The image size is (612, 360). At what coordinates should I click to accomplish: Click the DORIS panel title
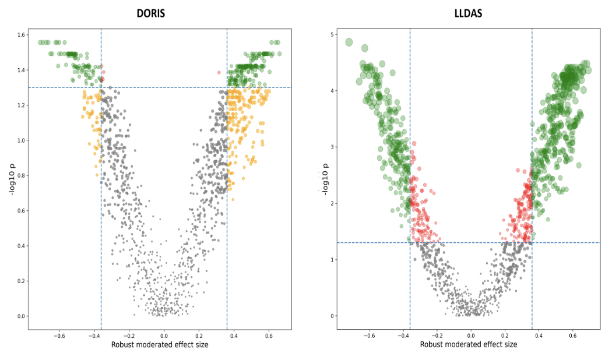(151, 13)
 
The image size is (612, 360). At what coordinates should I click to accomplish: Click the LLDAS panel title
(468, 13)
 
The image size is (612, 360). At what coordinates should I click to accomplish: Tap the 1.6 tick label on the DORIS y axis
(21, 35)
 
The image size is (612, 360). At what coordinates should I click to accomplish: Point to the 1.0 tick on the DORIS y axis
(21, 140)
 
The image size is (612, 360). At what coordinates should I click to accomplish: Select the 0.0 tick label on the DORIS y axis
(21, 316)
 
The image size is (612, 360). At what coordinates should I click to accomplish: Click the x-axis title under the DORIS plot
(160, 345)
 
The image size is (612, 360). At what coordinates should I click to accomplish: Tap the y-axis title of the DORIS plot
(10, 177)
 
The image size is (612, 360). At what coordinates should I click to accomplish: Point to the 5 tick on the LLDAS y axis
(332, 35)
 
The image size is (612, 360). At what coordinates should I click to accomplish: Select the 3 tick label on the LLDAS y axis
(332, 147)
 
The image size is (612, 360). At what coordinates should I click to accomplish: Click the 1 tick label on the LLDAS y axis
(332, 260)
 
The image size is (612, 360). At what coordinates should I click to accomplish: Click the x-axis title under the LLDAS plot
(468, 345)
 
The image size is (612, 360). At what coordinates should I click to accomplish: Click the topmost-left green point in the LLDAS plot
(349, 42)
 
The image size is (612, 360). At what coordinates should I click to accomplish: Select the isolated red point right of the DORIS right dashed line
(219, 72)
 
